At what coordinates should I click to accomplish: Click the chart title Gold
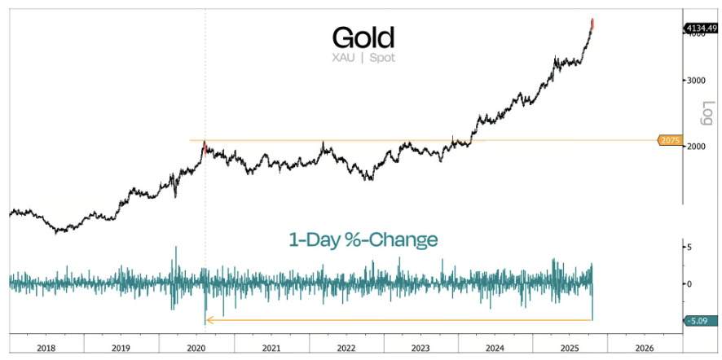(x=363, y=37)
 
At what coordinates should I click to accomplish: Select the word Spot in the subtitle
(x=382, y=59)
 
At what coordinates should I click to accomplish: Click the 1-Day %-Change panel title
(x=363, y=239)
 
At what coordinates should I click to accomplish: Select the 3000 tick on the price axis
(x=694, y=80)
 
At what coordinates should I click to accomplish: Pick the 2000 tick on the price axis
(x=694, y=147)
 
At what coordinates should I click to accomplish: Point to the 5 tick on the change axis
(x=689, y=246)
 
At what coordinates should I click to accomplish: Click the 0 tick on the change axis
(x=689, y=283)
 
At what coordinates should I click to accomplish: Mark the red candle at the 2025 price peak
(x=592, y=22)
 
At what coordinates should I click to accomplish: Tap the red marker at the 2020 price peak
(x=205, y=148)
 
